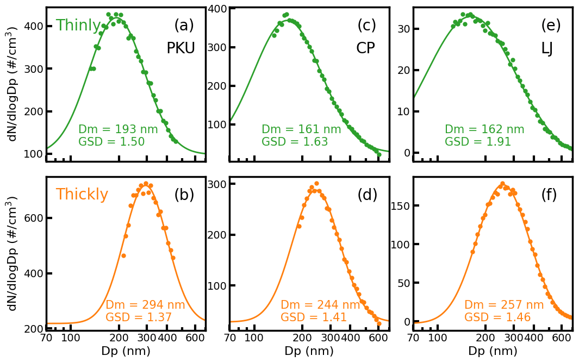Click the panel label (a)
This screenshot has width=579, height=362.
pos(184,26)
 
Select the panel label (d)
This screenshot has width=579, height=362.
pos(367,195)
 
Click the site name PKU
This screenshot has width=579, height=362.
pos(180,48)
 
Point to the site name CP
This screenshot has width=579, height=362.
pos(365,48)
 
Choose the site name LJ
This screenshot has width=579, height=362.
pos(547,48)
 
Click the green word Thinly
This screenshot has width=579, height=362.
pos(78,26)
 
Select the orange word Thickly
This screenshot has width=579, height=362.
pos(82,195)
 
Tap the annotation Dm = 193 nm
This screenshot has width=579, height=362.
pos(118,129)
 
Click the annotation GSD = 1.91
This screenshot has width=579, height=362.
pos(478,142)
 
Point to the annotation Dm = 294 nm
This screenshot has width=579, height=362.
pos(145,305)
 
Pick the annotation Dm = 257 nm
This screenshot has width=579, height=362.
pos(504,305)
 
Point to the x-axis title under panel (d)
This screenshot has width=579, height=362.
pos(309,351)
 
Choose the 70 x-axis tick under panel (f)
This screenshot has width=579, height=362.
pos(413,338)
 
